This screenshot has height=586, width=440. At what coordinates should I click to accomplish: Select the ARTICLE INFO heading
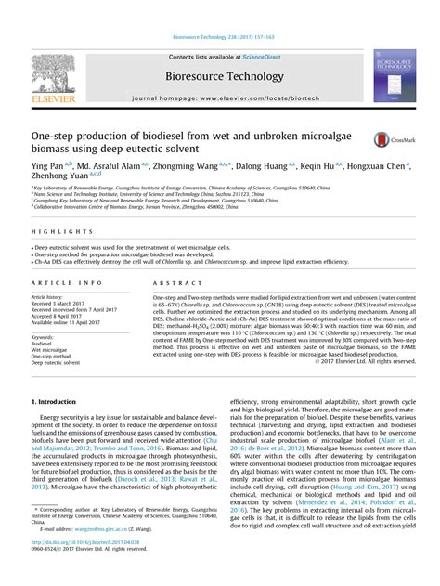click(x=66, y=281)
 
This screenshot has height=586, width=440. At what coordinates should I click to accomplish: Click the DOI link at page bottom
click(x=84, y=568)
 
